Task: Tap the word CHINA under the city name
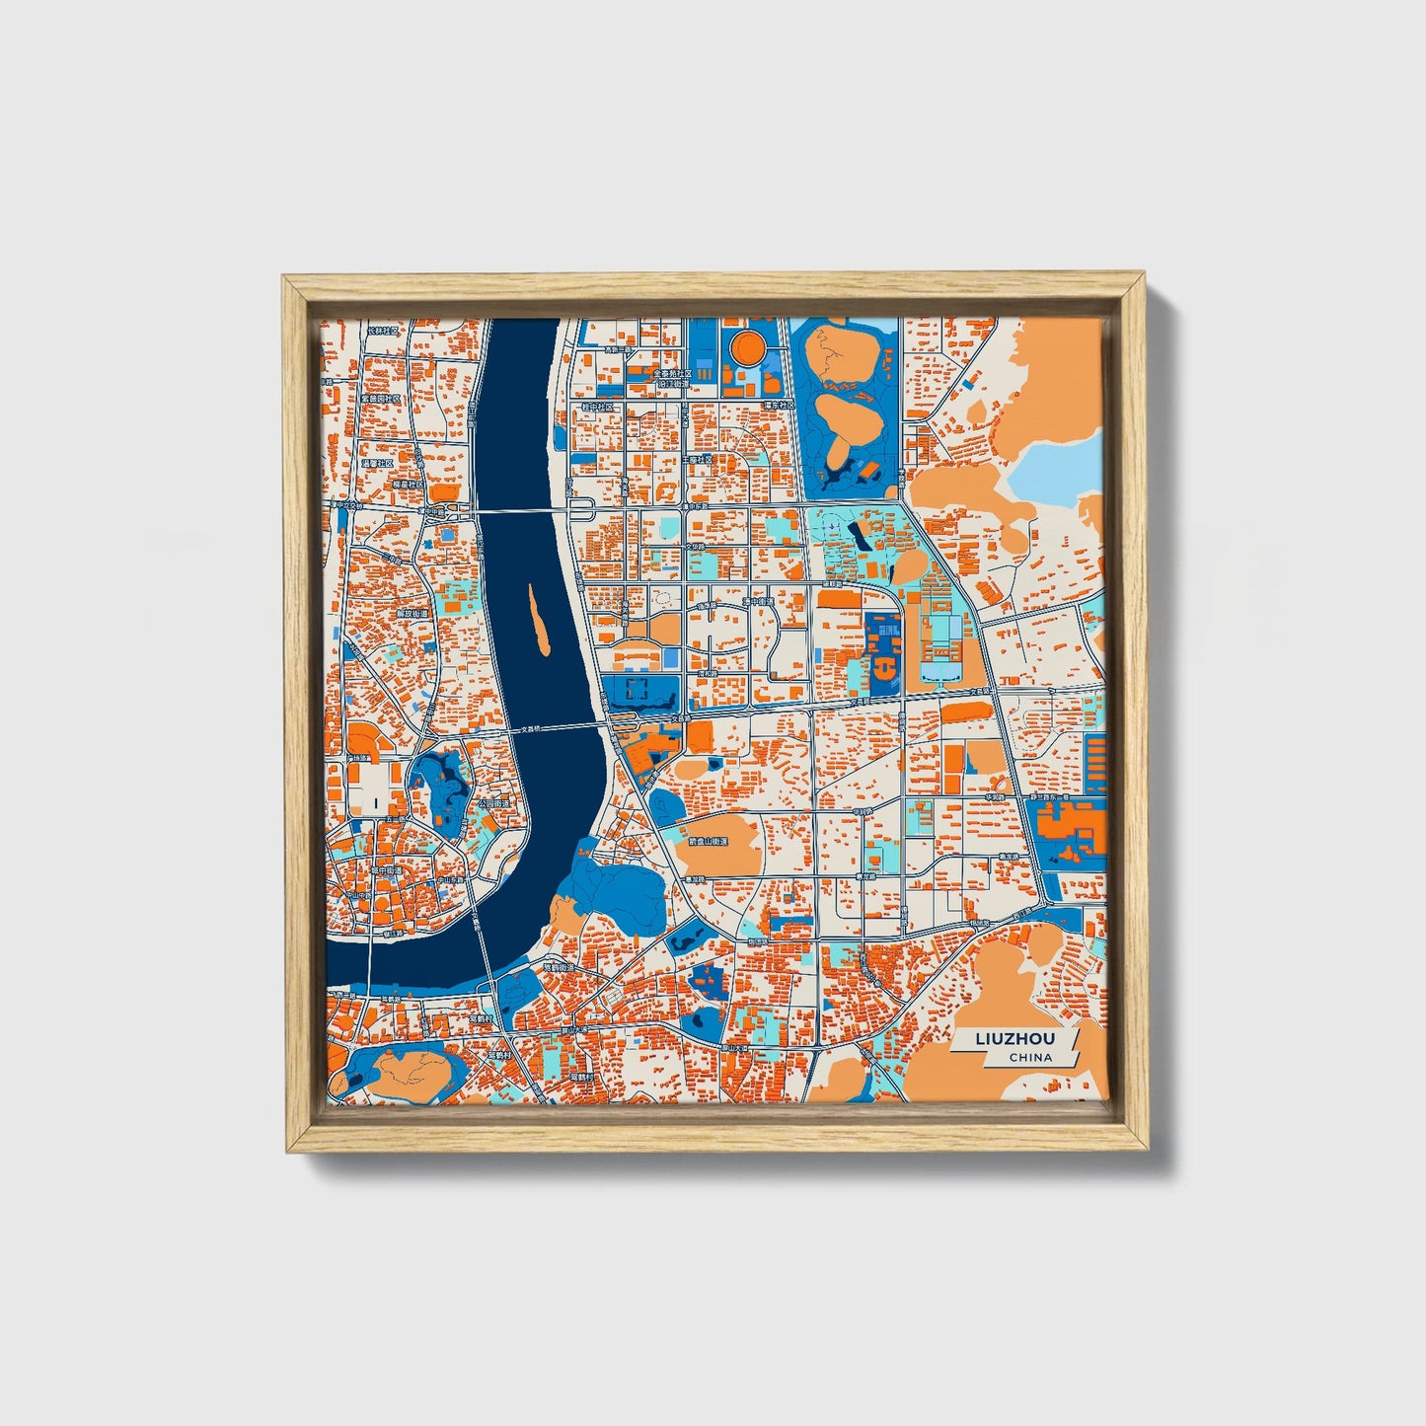pyautogui.click(x=1030, y=1057)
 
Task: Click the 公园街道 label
pyautogui.click(x=494, y=804)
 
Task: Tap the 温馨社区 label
pyautogui.click(x=378, y=463)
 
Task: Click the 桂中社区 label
pyautogui.click(x=597, y=406)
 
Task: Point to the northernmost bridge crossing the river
pyautogui.click(x=523, y=510)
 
